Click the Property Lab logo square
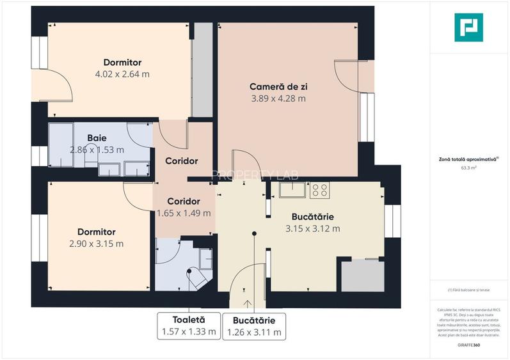(x=468, y=28)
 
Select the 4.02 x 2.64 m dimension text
(x=122, y=74)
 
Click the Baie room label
(x=97, y=138)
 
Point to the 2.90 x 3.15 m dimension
(x=97, y=243)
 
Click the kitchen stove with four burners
(x=319, y=189)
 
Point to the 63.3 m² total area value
(x=469, y=168)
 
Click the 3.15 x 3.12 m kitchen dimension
(x=312, y=228)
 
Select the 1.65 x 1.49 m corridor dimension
(x=184, y=213)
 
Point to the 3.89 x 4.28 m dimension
(x=277, y=98)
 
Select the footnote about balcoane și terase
(x=469, y=290)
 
